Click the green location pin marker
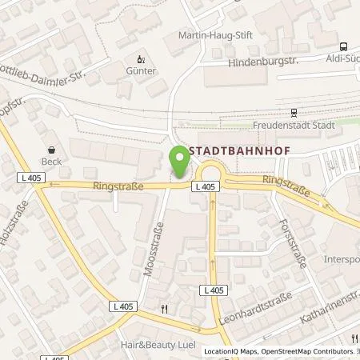pyautogui.click(x=180, y=163)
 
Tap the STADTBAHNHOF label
pyautogui.click(x=231, y=150)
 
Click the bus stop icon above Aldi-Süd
pyautogui.click(x=343, y=46)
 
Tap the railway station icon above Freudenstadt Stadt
pyautogui.click(x=294, y=112)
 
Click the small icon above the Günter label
pyautogui.click(x=142, y=58)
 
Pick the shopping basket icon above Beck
pyautogui.click(x=52, y=148)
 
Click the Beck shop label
pyautogui.click(x=52, y=160)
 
